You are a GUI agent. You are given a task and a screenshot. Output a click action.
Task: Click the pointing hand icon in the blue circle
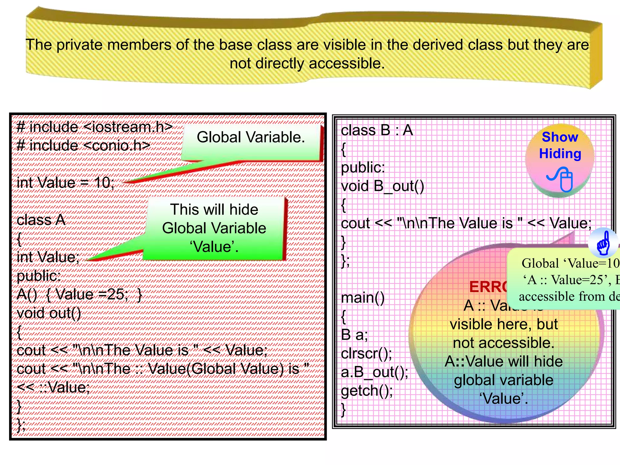tap(603, 243)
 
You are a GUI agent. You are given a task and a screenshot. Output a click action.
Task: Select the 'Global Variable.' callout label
tap(251, 137)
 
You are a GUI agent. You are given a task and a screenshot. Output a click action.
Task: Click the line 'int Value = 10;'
tap(65, 183)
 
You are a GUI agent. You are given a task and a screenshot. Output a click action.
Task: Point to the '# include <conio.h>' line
tap(84, 146)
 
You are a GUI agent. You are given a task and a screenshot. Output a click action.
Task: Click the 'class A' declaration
tap(41, 220)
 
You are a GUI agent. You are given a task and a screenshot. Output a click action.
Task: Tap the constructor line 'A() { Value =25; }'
tap(79, 294)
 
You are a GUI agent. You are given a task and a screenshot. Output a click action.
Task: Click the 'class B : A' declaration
tap(377, 130)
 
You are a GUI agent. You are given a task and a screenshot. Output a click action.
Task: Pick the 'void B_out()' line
tap(382, 186)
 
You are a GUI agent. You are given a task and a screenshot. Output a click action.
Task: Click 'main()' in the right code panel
tap(363, 298)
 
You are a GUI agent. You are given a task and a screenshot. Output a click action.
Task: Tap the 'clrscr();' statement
tap(366, 354)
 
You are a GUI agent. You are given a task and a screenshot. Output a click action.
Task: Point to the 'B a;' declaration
tap(354, 335)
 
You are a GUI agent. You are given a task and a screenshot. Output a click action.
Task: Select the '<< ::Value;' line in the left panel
tap(53, 387)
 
